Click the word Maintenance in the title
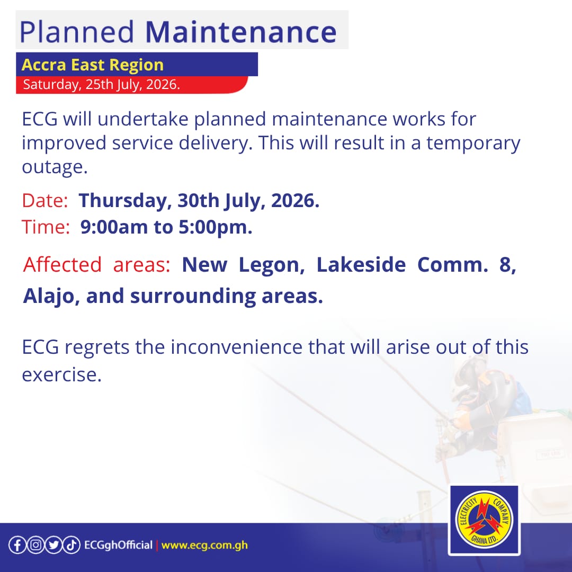(241, 32)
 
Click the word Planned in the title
(77, 32)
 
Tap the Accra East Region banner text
(93, 65)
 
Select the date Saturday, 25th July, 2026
(101, 84)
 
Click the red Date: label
(45, 200)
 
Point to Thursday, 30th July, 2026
(199, 201)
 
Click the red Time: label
(46, 227)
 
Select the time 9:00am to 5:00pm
(166, 227)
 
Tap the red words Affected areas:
(97, 264)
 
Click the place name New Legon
(243, 265)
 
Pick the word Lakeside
(361, 264)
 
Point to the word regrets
(97, 347)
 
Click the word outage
(55, 167)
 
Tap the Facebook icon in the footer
(17, 545)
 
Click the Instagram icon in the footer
(35, 545)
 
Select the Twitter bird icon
(53, 545)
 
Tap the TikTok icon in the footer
(71, 545)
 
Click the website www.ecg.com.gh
(204, 546)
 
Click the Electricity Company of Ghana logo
(484, 520)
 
